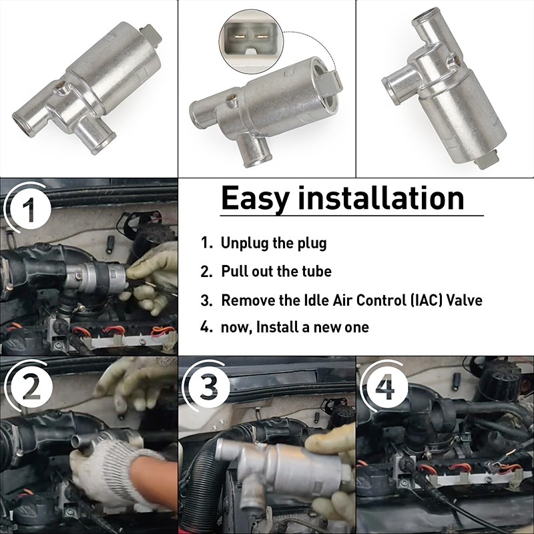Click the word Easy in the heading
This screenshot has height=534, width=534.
point(256,199)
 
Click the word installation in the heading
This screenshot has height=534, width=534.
point(380,198)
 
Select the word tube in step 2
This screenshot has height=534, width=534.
point(316,272)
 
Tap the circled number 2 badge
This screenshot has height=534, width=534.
point(31,388)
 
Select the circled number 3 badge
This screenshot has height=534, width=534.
point(208,386)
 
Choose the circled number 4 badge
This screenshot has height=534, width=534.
point(386,387)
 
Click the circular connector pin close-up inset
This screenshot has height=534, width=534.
point(252,41)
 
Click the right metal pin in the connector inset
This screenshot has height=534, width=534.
point(262,35)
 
